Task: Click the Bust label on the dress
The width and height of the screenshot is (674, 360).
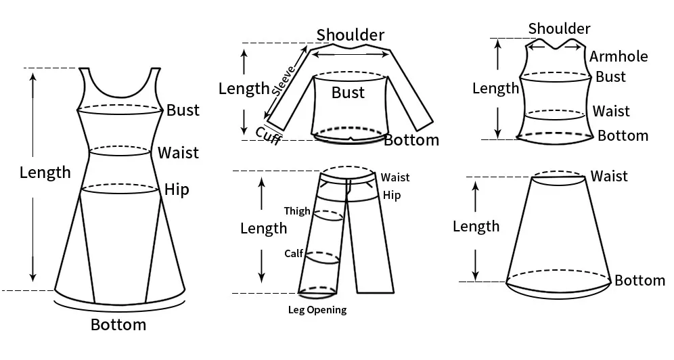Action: pyautogui.click(x=183, y=110)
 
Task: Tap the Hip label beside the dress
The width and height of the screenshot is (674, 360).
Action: pyautogui.click(x=177, y=189)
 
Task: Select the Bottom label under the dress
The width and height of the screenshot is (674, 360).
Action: pyautogui.click(x=118, y=325)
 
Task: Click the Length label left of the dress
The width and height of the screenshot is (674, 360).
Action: pyautogui.click(x=45, y=173)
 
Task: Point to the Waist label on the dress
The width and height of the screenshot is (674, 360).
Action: pyautogui.click(x=179, y=152)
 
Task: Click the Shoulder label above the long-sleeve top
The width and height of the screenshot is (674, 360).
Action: pyautogui.click(x=351, y=35)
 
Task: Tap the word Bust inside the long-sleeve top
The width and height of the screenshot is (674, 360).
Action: pyautogui.click(x=348, y=93)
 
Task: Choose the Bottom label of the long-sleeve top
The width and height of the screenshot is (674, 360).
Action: pyautogui.click(x=411, y=140)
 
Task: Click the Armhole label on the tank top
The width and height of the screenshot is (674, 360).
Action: pyautogui.click(x=619, y=57)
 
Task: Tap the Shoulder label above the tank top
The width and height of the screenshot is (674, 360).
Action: pyautogui.click(x=559, y=28)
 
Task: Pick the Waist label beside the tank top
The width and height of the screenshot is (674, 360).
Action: pyautogui.click(x=611, y=111)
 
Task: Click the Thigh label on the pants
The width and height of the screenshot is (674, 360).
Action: pyautogui.click(x=297, y=211)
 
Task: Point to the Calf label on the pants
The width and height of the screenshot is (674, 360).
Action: pyautogui.click(x=293, y=254)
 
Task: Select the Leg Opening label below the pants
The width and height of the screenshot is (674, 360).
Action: pyautogui.click(x=317, y=310)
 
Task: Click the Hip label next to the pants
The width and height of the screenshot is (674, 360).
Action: pyautogui.click(x=392, y=196)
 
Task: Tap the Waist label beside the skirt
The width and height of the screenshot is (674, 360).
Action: pyautogui.click(x=609, y=177)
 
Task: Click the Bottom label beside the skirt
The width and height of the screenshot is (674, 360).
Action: pyautogui.click(x=639, y=281)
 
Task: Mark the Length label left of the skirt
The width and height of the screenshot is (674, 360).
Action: pyautogui.click(x=476, y=226)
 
